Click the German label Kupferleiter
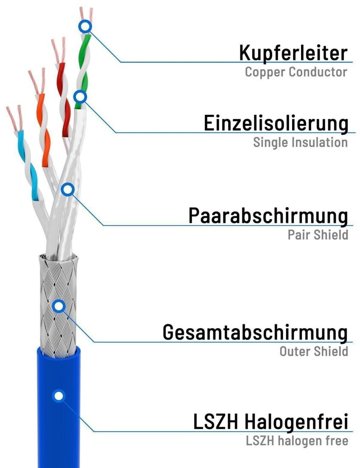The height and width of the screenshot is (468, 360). pos(293,53)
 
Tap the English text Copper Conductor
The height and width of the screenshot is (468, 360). pos(296,72)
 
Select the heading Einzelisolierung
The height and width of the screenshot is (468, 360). pos(276,123)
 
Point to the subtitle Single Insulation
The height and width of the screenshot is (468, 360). pos(300,142)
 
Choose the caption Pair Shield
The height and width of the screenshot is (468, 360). pos(318,234)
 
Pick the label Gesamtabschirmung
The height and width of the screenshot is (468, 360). pos(255,332)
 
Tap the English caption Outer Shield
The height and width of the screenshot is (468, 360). pos(313,351)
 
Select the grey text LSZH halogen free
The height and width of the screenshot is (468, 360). pos(297,441)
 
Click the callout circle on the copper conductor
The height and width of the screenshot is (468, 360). pos(85,27)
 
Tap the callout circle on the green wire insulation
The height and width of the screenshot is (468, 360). pos(80,97)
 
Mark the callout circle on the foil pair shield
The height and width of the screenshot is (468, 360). pos(67,189)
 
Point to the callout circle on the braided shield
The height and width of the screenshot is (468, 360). pos(58,305)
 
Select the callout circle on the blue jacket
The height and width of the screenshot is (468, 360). pos(59,396)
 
